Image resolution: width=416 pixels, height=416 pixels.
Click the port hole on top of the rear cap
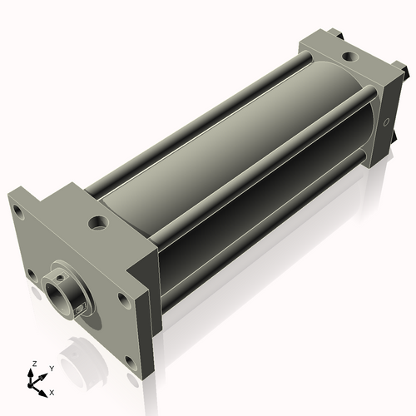348,57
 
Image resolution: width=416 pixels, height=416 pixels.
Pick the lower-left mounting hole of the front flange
31,272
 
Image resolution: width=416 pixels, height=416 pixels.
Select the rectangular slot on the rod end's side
80,310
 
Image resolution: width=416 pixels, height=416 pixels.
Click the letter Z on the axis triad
34,364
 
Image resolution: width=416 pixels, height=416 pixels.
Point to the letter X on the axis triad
52,391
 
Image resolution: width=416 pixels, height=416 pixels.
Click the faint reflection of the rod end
83,370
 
